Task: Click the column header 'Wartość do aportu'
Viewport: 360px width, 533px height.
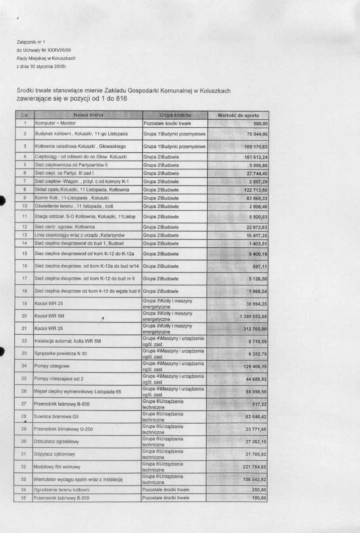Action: tap(238, 115)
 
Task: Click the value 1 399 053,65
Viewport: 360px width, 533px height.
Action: tap(253, 316)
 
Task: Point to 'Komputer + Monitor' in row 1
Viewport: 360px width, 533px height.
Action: tap(56, 123)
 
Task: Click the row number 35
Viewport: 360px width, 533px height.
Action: tap(23, 498)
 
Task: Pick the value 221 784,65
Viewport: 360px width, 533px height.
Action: tap(255, 467)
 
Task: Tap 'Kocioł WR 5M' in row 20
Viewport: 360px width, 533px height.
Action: tap(49, 316)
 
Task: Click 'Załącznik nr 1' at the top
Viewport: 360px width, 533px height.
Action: tap(31, 42)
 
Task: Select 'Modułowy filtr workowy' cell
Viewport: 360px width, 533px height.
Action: tap(57, 467)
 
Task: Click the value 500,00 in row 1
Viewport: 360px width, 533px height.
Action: tap(260, 124)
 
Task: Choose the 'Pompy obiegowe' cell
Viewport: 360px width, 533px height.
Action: tap(52, 366)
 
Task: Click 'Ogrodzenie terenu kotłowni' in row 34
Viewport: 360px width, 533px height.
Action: tap(61, 490)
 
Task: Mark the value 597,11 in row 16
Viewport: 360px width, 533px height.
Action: tap(260, 266)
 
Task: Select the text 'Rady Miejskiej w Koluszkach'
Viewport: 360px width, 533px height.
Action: tap(46, 58)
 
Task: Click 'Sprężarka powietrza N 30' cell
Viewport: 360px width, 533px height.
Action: tap(60, 353)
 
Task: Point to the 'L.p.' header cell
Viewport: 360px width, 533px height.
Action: tap(24, 115)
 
